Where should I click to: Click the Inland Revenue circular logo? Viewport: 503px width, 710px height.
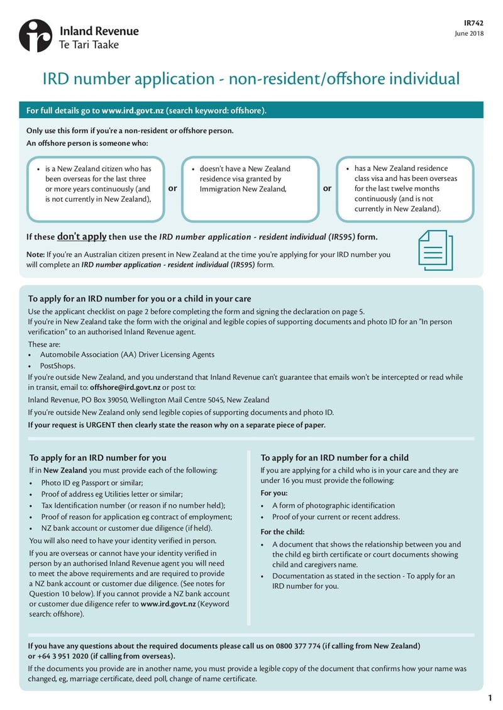(x=35, y=36)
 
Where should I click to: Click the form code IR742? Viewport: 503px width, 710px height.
(x=474, y=22)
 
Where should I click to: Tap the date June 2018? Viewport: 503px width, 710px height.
(x=470, y=33)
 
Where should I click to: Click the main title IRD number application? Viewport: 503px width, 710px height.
(x=251, y=79)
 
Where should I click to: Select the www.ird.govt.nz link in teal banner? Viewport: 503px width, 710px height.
(x=133, y=111)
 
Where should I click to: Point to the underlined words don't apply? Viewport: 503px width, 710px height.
(x=82, y=237)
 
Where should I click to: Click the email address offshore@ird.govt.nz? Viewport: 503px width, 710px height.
(x=125, y=388)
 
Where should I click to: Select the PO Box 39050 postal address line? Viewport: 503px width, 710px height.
(x=148, y=400)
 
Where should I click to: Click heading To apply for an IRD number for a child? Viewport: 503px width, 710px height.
(x=334, y=457)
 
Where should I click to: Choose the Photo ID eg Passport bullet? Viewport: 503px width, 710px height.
(x=92, y=483)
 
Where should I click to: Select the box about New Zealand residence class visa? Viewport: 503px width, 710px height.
(x=405, y=188)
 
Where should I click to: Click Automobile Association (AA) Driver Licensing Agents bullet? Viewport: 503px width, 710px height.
(x=127, y=355)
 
